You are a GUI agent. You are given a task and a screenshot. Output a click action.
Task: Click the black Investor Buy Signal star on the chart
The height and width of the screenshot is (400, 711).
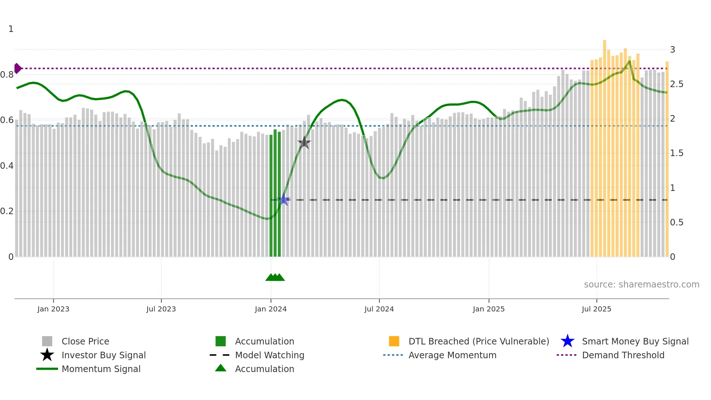(304, 143)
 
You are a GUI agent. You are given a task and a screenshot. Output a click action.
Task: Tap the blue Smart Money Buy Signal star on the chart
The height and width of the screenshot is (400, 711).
(284, 199)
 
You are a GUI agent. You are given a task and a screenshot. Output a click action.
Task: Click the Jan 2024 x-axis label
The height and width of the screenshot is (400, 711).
(271, 309)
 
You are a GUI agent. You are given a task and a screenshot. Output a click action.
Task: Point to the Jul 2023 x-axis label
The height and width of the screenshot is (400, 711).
(161, 309)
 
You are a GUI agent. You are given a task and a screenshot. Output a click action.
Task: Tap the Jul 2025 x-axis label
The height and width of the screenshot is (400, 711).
(596, 309)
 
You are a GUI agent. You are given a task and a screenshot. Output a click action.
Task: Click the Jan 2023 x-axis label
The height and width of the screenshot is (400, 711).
(53, 309)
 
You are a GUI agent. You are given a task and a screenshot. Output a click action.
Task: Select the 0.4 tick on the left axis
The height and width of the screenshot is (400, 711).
(7, 166)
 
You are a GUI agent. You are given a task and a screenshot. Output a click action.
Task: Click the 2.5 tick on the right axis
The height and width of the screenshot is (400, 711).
(677, 84)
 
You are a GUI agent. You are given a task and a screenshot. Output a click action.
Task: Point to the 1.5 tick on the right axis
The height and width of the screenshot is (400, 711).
(677, 153)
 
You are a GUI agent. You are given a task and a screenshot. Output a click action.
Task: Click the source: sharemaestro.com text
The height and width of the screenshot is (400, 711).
(641, 285)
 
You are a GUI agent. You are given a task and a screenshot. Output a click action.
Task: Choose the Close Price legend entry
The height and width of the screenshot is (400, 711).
(85, 341)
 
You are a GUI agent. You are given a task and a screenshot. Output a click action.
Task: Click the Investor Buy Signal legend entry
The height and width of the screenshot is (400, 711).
(103, 355)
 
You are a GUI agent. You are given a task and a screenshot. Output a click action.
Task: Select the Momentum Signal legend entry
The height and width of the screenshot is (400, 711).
(101, 369)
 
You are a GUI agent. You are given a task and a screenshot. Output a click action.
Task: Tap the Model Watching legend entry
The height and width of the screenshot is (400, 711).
(270, 355)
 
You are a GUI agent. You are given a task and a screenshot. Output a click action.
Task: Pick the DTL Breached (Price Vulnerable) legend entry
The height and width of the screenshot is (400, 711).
(478, 341)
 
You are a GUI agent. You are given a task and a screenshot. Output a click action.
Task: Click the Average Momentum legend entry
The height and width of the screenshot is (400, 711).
(452, 355)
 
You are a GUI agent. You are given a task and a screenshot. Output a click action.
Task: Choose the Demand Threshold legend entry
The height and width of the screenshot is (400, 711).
(623, 355)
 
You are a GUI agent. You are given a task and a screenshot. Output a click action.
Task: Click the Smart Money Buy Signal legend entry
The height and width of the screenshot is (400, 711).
(635, 341)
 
